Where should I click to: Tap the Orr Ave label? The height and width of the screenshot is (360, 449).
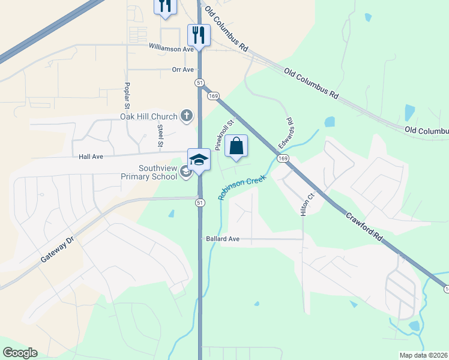(x=182, y=70)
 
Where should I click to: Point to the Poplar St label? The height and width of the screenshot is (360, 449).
(x=127, y=95)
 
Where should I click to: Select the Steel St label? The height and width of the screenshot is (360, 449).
(x=160, y=136)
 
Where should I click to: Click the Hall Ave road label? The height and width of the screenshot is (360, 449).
(x=91, y=157)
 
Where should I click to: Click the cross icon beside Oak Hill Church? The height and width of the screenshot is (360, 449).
(x=187, y=115)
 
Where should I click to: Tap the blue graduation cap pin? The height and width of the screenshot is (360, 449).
(x=199, y=159)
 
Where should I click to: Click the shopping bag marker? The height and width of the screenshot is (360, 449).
(x=237, y=146)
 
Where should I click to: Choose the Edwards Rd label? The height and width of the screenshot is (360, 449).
(x=286, y=133)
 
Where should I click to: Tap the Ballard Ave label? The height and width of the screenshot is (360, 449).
(x=222, y=239)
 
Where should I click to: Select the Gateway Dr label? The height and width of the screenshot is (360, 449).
(x=57, y=248)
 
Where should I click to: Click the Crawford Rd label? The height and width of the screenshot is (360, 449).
(x=359, y=224)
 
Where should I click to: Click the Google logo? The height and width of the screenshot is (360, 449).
(x=20, y=353)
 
